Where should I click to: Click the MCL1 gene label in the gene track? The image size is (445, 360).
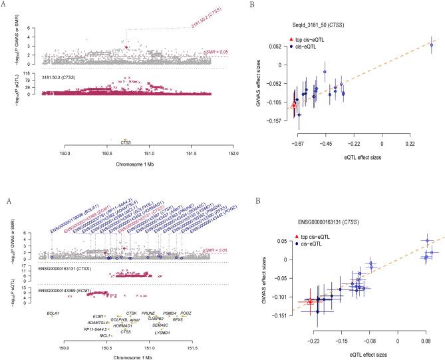tap(104, 336)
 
